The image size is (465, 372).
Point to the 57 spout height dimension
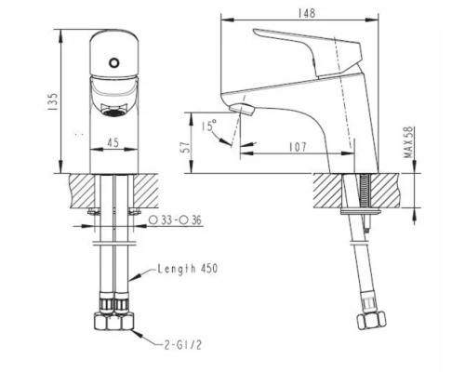pyautogui.click(x=186, y=141)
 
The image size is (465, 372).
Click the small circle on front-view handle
pyautogui.click(x=114, y=64)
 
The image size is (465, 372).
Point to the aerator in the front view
pyautogui.click(x=114, y=109)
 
